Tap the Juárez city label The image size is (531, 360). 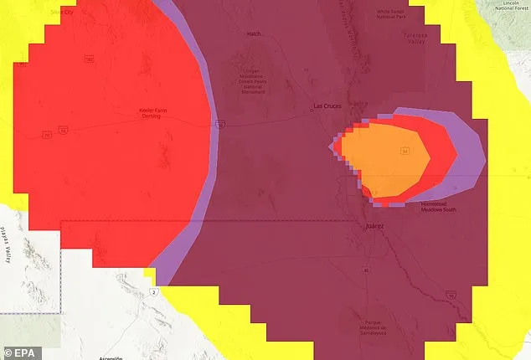(374, 226)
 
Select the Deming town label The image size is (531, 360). (150, 116)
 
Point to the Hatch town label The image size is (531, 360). (254, 34)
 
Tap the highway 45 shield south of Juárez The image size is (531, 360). (365, 270)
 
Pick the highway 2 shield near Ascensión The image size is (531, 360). (155, 291)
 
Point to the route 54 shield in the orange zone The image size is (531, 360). (404, 152)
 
